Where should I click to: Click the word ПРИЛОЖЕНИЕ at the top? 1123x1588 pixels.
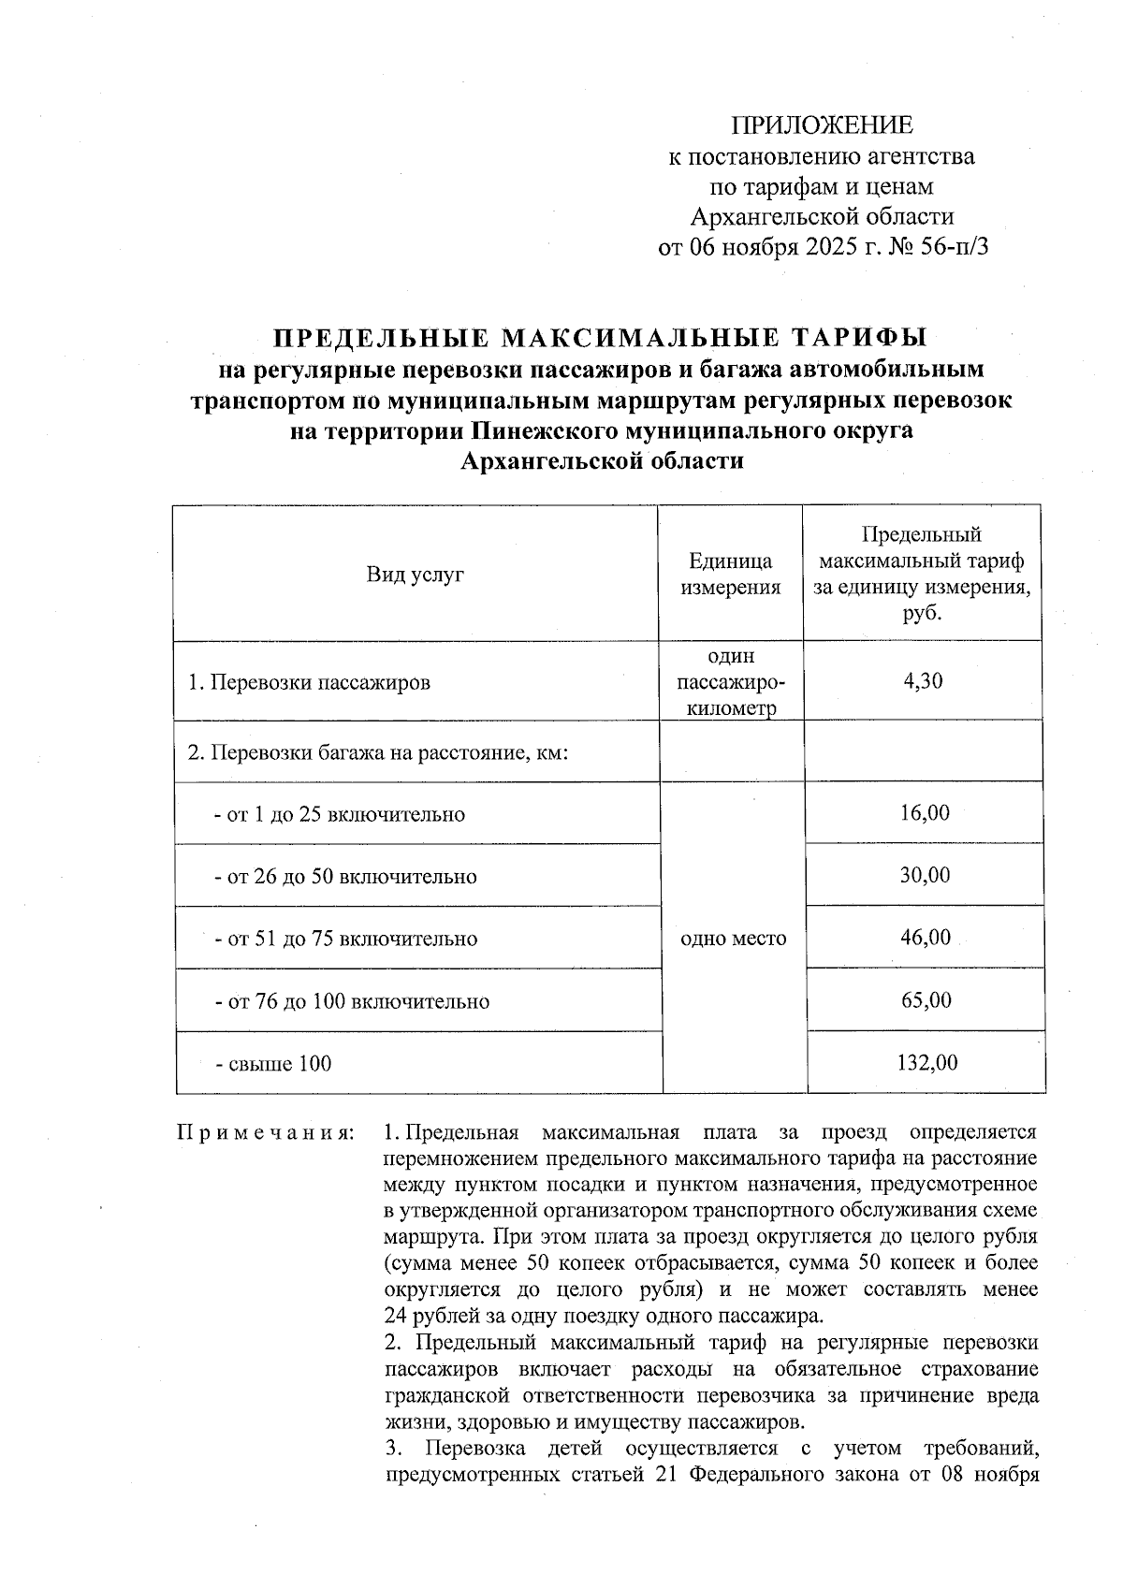click(822, 126)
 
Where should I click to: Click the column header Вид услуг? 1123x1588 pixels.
click(416, 575)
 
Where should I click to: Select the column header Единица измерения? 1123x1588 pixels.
click(730, 574)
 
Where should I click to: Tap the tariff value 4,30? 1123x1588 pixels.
click(923, 680)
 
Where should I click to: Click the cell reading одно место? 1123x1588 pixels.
click(733, 938)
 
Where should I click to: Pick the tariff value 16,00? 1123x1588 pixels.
click(925, 812)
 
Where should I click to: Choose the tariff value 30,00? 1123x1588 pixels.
click(925, 875)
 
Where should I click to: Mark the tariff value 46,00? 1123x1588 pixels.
click(925, 937)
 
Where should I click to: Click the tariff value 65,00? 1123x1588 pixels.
click(926, 999)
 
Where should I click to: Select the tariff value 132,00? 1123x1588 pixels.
click(926, 1062)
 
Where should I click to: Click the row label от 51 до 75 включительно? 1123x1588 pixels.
click(346, 939)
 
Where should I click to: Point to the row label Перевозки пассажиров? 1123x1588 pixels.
click(310, 682)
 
